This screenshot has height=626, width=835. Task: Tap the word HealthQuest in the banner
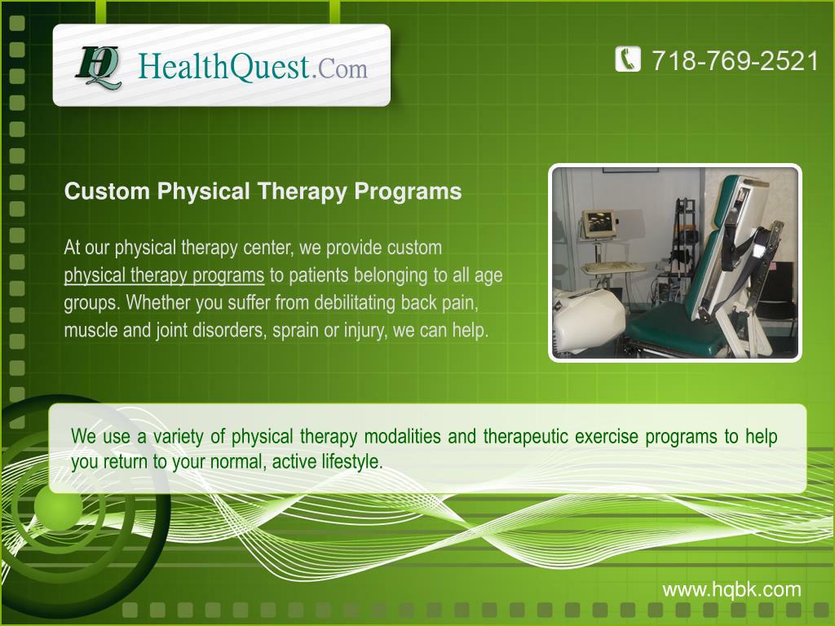tap(224, 65)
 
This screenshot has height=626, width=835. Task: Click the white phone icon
tap(628, 60)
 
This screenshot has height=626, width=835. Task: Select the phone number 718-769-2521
tap(735, 60)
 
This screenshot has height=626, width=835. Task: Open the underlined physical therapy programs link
tap(164, 275)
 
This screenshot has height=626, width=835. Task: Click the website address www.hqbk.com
tap(731, 589)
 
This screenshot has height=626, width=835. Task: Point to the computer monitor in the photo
tap(599, 223)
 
